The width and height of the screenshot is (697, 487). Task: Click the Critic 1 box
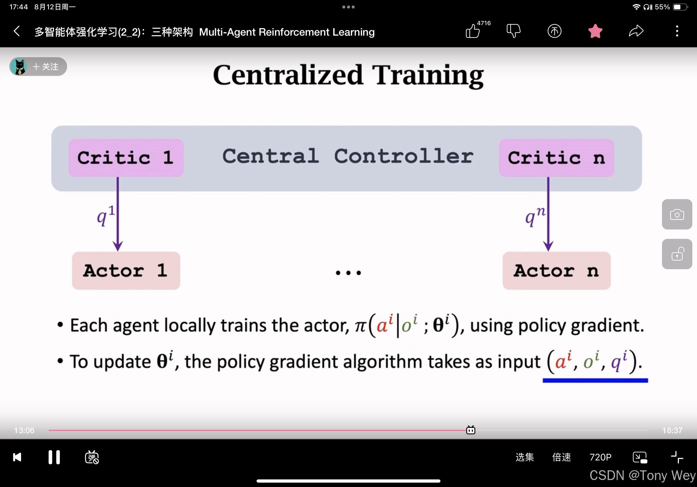pos(126,158)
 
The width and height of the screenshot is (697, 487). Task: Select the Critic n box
pos(556,158)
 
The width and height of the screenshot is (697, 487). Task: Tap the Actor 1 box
pos(126,271)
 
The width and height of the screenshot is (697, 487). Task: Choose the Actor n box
pos(556,271)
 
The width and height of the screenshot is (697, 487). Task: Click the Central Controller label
pos(348,156)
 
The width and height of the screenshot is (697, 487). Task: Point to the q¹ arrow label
pos(106,215)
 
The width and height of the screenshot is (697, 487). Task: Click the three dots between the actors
pos(348,273)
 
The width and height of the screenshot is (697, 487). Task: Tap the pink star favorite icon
pos(595,31)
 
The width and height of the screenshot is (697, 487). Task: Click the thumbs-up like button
pos(473,31)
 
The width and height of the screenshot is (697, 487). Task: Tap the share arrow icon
pos(636,31)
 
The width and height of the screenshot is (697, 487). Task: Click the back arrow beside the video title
pos(17,31)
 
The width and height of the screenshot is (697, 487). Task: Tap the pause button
pos(54,457)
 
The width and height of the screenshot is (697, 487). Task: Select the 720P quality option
pos(600,457)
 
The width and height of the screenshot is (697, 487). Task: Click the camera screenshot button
pos(677,214)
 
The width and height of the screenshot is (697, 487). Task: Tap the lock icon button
pos(677,254)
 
